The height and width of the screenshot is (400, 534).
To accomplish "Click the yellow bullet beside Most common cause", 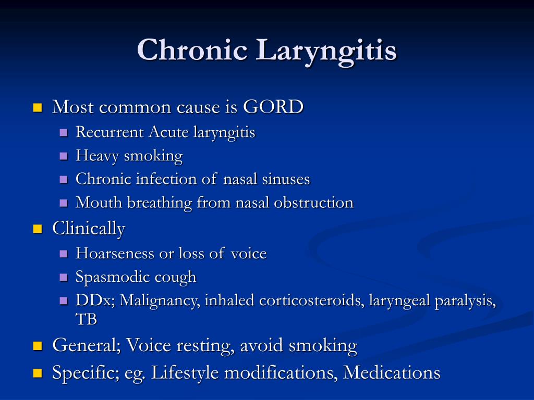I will pos(37,108).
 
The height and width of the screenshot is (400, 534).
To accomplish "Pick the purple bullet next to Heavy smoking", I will pos(64,156).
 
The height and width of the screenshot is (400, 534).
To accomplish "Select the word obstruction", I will pos(314,203).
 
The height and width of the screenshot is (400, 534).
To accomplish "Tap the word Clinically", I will pos(89,229).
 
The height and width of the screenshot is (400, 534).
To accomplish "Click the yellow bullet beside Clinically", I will pos(37,229).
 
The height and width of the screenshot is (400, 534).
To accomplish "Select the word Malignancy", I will pos(159,301).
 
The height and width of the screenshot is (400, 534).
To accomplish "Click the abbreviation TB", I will pos(86,319).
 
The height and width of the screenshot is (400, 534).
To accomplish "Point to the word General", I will pos(86,345).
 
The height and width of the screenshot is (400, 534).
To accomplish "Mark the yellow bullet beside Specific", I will pos(37,373).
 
